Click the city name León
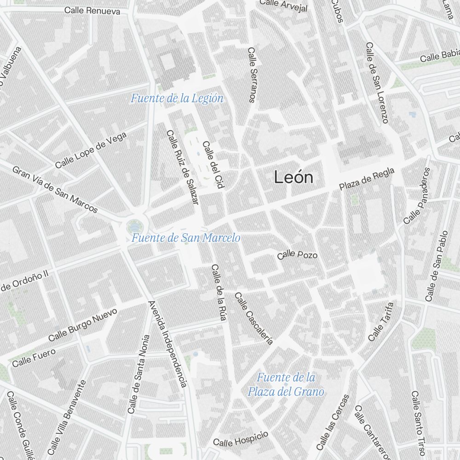(293, 178)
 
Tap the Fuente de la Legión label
(177, 98)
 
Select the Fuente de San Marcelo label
(186, 238)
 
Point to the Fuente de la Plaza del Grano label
(286, 385)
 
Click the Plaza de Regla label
(367, 179)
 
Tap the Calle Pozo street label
(298, 255)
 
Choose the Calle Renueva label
(92, 10)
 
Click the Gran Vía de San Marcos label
(55, 190)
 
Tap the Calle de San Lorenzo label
(377, 83)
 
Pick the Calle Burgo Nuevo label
(83, 325)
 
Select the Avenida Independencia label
(167, 344)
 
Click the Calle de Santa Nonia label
(139, 374)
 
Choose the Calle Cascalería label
(254, 318)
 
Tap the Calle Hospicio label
(241, 439)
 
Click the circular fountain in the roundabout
(135, 226)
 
